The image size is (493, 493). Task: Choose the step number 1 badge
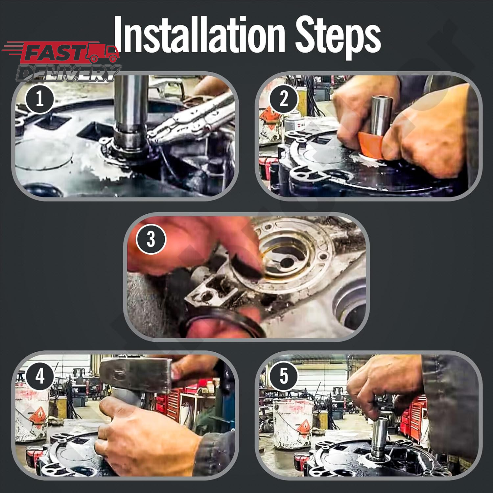coord(40,99)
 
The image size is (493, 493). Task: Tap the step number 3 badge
coord(151,239)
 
